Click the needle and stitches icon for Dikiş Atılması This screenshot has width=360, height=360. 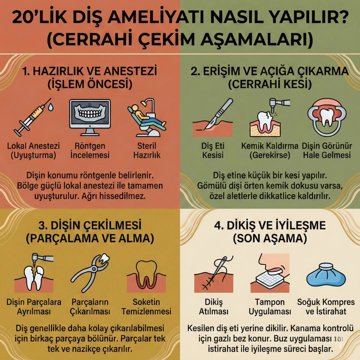coord(213,273)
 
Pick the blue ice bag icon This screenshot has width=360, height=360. coord(326,275)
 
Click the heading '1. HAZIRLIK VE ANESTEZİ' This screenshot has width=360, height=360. coord(90,71)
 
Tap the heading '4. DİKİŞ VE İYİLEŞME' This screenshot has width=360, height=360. coord(270,225)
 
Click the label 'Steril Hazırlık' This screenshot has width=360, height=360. coord(147,151)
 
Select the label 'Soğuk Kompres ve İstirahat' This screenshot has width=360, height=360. coord(326,307)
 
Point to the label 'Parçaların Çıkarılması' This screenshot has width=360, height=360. coord(90,307)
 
